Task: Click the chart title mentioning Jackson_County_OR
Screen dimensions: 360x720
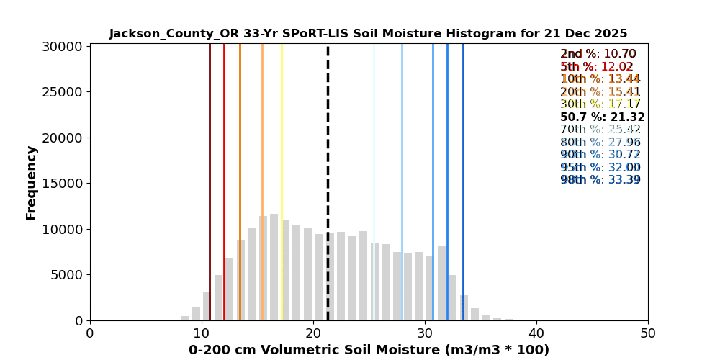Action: pos(368,34)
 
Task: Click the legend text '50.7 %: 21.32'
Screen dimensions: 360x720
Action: pos(602,117)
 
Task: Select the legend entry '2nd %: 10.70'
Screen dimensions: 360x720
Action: pos(598,54)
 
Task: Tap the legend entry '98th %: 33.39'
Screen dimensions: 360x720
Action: pos(600,180)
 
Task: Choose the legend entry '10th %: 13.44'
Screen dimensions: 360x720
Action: pos(600,79)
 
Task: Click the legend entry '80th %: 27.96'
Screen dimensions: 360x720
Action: pos(600,143)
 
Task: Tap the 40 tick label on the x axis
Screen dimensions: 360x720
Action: pos(536,333)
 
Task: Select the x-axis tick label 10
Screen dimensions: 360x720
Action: pos(202,333)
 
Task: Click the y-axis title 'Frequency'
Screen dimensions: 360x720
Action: pos(32,182)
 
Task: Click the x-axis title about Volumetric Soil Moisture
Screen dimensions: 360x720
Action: pos(369,350)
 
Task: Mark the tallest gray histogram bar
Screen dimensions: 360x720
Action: pos(274,267)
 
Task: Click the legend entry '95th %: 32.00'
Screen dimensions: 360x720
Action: pos(600,168)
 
